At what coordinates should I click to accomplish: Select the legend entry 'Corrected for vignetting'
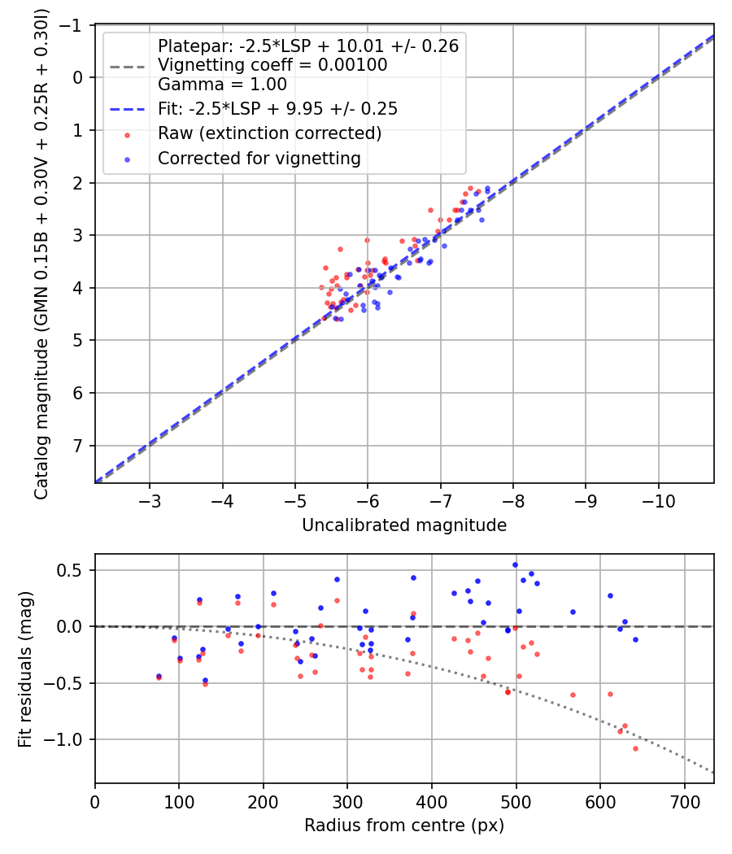[x=259, y=159]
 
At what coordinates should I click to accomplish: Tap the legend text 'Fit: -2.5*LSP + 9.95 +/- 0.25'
[x=277, y=107]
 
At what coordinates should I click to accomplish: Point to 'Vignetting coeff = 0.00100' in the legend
[x=272, y=64]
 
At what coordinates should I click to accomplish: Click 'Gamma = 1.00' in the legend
[x=222, y=84]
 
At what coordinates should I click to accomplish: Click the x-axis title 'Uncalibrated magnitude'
[x=404, y=525]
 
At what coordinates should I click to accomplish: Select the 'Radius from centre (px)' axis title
[x=404, y=826]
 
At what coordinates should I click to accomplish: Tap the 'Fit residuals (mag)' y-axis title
[x=25, y=669]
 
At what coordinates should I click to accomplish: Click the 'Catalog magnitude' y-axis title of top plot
[x=41, y=254]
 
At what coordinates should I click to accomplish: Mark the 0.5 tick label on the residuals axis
[x=74, y=570]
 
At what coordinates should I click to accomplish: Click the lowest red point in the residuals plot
[x=635, y=748]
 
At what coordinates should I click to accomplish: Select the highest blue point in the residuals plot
[x=515, y=564]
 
